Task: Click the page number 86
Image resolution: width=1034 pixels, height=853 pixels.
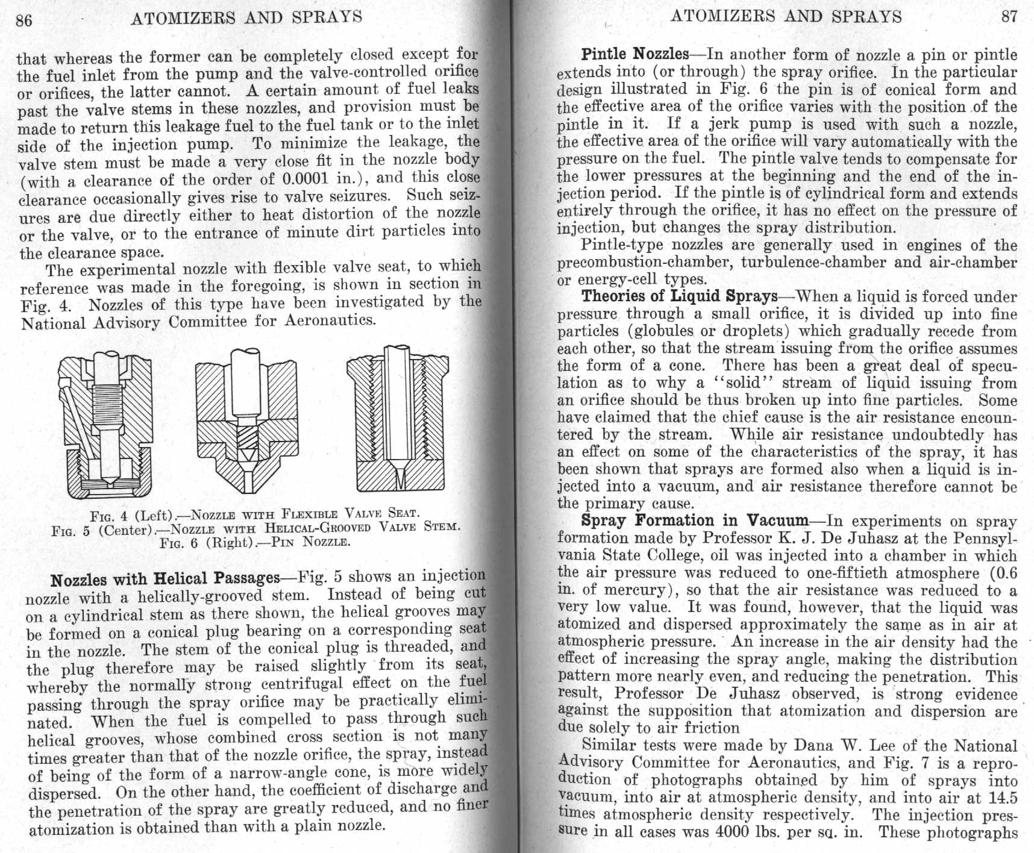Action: tap(23, 20)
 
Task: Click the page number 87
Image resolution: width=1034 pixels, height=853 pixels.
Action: tap(1009, 16)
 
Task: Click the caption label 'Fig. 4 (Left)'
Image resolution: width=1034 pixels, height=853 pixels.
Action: tap(131, 516)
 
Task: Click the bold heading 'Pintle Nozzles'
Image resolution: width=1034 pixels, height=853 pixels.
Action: tap(634, 54)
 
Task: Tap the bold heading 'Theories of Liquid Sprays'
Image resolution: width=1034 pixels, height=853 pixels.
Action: tap(679, 296)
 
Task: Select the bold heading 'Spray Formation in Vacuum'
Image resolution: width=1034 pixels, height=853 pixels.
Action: tap(694, 520)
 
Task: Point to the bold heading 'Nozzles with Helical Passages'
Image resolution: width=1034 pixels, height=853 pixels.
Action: tap(165, 580)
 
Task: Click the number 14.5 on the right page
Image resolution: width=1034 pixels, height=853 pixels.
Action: tap(1002, 798)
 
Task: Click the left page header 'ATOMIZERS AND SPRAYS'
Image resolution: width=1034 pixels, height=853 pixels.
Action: tap(246, 17)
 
